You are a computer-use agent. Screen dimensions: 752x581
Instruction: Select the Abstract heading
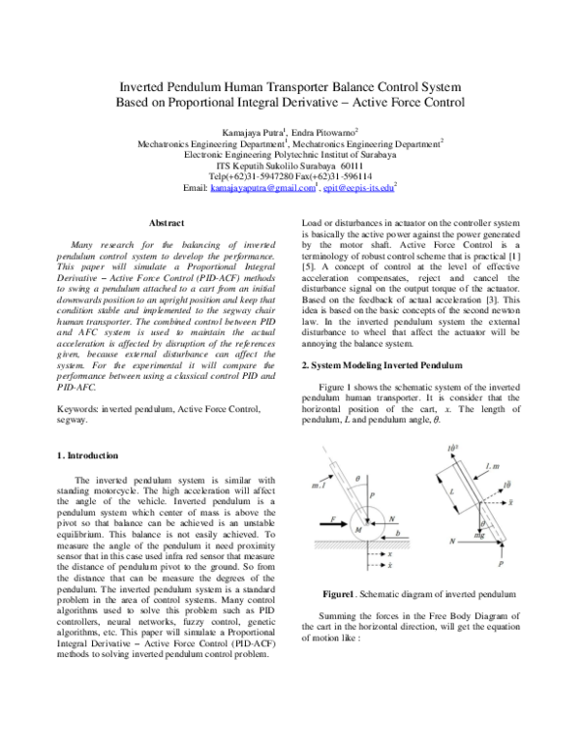click(163, 224)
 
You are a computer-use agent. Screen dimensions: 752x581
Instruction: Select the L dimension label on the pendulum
click(449, 492)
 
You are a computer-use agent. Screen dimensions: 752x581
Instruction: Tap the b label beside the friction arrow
click(399, 534)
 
